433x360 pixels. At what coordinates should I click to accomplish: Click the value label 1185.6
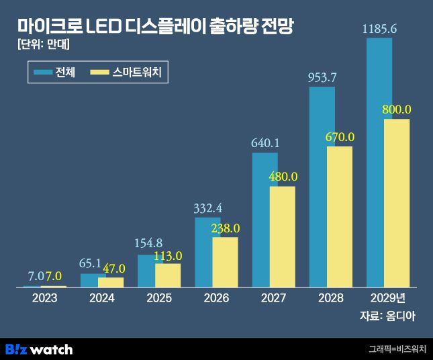coord(379,29)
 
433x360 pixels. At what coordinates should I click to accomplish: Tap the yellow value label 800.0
coord(397,109)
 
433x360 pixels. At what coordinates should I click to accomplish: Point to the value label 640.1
coord(265,143)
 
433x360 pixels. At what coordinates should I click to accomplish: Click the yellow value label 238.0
coord(225,228)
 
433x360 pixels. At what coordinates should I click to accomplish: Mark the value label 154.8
coord(150,243)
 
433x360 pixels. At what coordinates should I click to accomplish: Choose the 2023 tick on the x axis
coord(44,298)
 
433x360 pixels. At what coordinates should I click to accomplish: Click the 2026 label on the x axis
coord(216,298)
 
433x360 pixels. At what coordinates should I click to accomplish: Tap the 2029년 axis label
coord(388,298)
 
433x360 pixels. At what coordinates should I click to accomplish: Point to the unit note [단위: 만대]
coord(44,46)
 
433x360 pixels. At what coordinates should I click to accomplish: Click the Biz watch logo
coord(38,349)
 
